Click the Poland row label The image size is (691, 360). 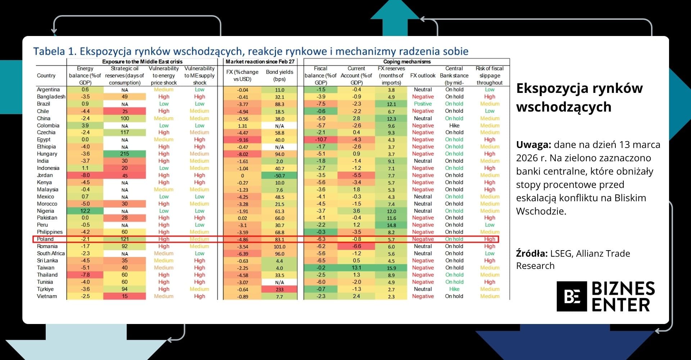45,239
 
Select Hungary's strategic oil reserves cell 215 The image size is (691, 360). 125,154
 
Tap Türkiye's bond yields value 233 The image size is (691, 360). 280,289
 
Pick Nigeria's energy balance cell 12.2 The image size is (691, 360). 85,211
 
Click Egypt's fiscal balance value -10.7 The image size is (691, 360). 321,140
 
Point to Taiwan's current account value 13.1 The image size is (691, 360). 356,268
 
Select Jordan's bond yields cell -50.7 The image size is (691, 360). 280,176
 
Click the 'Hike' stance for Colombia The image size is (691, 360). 454,126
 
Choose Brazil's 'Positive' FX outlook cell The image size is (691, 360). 423,104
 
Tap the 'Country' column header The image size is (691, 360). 46,76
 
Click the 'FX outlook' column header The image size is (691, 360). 423,76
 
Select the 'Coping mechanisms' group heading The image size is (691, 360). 407,62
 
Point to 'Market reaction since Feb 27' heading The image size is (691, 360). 260,62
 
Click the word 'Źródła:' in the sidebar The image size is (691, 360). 532,253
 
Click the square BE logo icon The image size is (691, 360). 572,296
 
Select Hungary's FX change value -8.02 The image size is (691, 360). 243,154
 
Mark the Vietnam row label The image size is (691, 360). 47,296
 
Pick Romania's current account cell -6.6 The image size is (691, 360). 356,247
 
